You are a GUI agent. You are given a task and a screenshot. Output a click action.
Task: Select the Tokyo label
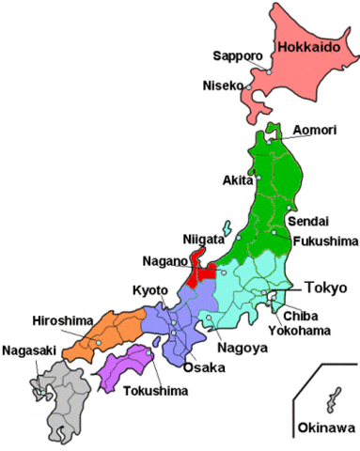click(326, 286)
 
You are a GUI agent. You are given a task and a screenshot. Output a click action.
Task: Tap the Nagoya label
click(238, 348)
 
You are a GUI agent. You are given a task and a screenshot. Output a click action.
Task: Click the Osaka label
click(204, 367)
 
